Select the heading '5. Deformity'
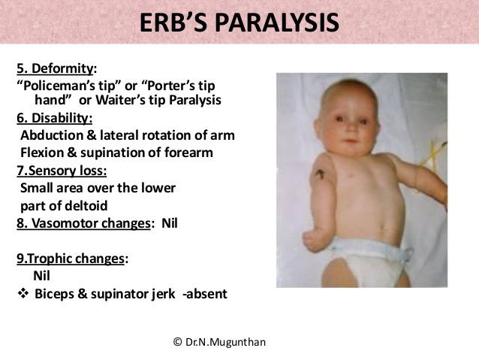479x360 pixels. (x=55, y=68)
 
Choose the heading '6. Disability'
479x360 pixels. (x=54, y=118)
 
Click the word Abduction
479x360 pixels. (x=52, y=135)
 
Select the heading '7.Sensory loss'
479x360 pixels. (x=62, y=171)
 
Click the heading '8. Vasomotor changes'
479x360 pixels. (x=83, y=223)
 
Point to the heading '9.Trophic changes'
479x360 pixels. (x=71, y=259)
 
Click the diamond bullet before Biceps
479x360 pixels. (x=23, y=294)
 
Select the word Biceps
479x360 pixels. (x=54, y=294)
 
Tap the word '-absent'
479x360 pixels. (x=205, y=294)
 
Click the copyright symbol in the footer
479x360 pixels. (x=177, y=342)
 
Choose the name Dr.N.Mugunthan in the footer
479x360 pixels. (x=225, y=342)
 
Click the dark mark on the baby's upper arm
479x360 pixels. (x=319, y=174)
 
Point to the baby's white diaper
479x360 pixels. (x=368, y=260)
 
